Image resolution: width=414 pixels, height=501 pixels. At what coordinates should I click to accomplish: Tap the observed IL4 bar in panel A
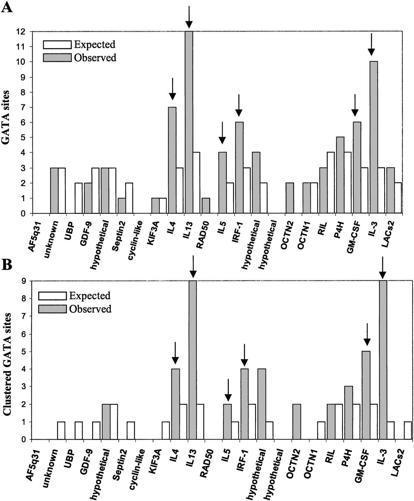click(172, 160)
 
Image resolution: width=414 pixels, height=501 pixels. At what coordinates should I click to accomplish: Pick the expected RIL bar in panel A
click(331, 183)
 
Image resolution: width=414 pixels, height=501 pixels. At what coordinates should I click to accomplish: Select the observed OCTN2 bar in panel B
click(297, 421)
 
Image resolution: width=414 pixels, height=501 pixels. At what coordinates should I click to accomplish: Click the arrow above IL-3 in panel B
click(383, 267)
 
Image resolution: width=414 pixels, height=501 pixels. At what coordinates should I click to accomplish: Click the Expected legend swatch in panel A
click(57, 45)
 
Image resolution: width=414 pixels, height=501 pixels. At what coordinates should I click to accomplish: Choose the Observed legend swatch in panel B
click(52, 309)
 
